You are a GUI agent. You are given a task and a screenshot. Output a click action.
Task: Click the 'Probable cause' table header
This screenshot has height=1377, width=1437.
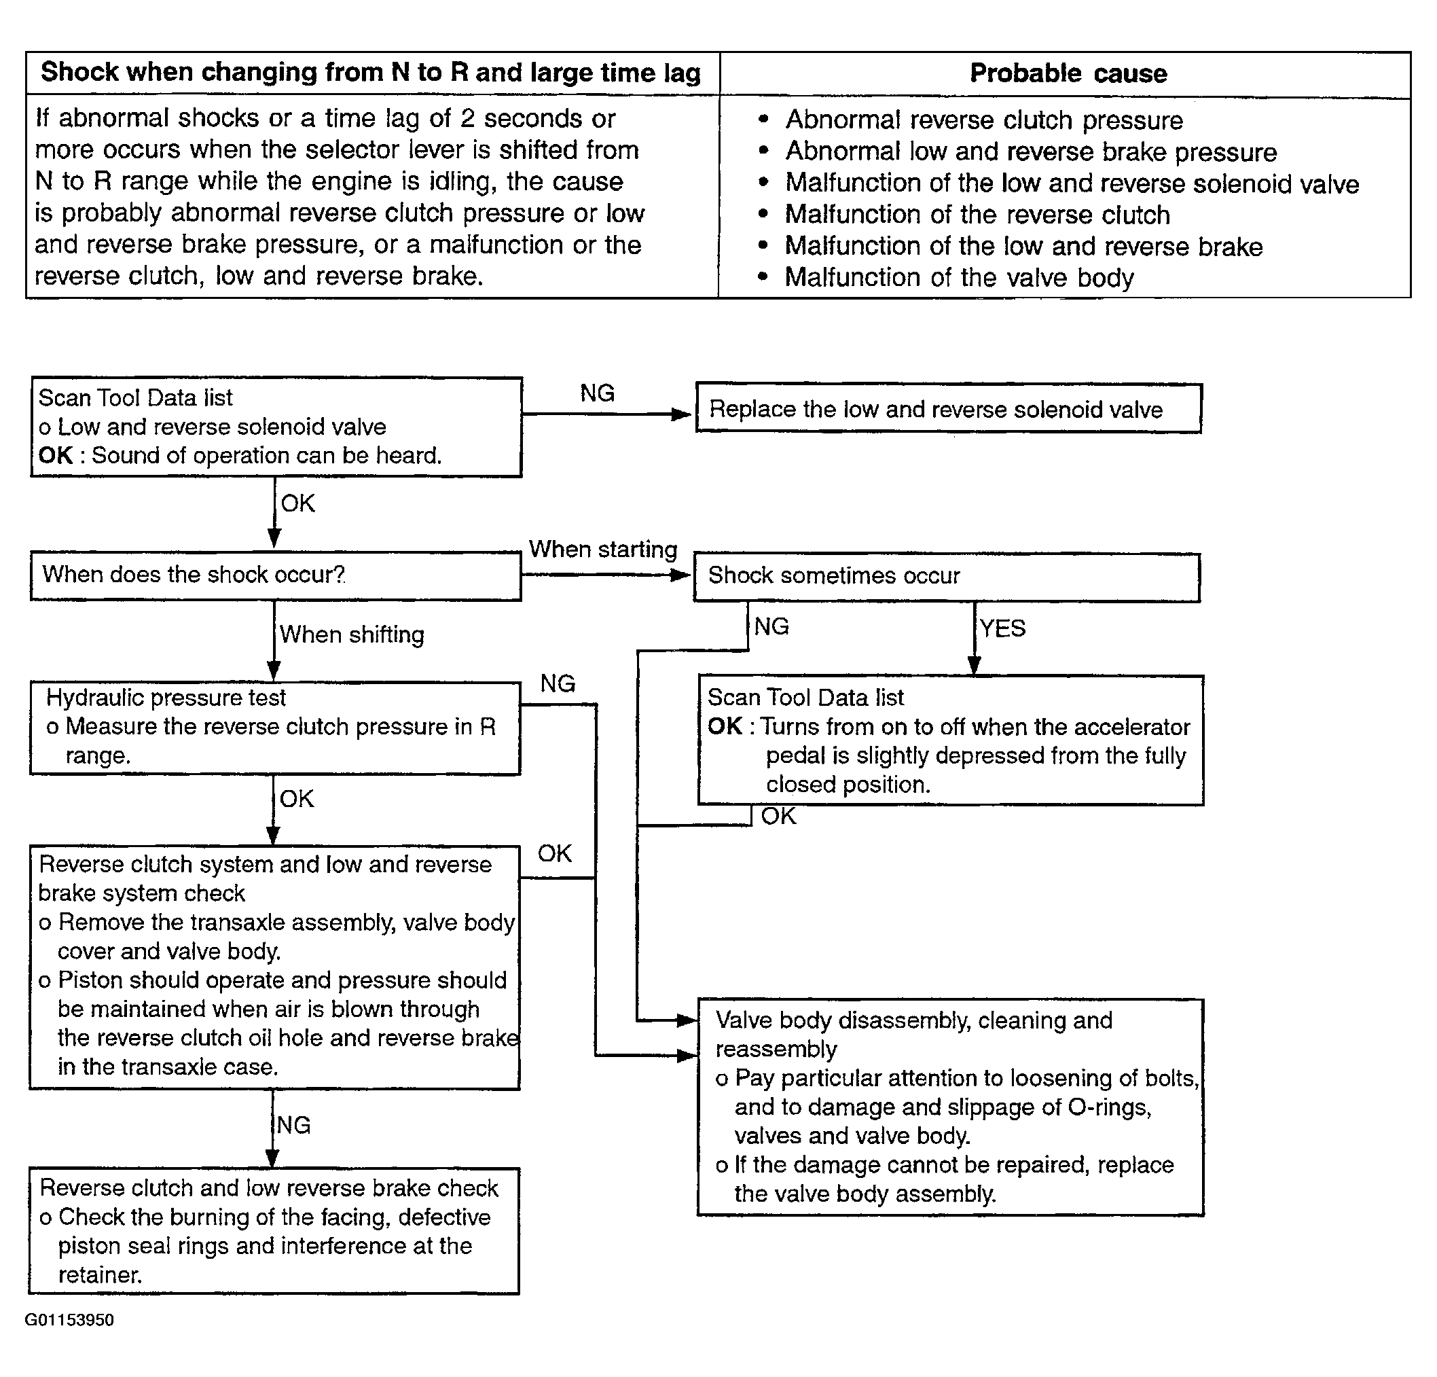click(1068, 73)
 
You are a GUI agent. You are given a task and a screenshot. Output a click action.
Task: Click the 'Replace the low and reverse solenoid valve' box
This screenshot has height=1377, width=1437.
click(948, 408)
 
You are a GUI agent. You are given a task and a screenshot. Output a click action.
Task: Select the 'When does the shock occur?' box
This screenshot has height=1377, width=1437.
click(276, 575)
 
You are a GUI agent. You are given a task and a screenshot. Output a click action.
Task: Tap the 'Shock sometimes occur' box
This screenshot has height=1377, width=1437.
click(947, 577)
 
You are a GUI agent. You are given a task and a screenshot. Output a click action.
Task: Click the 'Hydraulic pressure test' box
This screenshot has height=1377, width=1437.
click(275, 728)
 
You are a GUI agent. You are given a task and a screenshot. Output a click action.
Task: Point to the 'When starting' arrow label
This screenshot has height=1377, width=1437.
click(602, 549)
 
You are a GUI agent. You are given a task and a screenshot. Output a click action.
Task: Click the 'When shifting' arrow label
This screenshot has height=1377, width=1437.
click(352, 634)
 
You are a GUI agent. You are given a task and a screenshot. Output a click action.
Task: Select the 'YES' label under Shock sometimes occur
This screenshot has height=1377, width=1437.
click(1003, 628)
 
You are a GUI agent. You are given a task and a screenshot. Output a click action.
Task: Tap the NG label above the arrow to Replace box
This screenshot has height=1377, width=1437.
click(597, 393)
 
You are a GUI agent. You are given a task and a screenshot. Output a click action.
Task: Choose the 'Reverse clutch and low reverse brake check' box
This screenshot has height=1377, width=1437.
click(274, 1231)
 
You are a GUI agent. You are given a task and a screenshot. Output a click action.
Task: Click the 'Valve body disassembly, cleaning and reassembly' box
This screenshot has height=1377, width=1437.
click(950, 1107)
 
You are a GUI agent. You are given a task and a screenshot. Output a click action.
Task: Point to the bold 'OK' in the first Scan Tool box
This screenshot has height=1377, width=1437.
click(56, 455)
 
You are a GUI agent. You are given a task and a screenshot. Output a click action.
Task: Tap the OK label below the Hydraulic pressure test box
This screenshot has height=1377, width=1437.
click(296, 798)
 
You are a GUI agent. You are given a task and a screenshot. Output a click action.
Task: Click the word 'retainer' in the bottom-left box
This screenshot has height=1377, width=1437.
click(99, 1274)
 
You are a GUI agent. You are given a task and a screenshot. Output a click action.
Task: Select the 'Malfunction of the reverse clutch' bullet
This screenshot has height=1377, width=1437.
click(977, 214)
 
